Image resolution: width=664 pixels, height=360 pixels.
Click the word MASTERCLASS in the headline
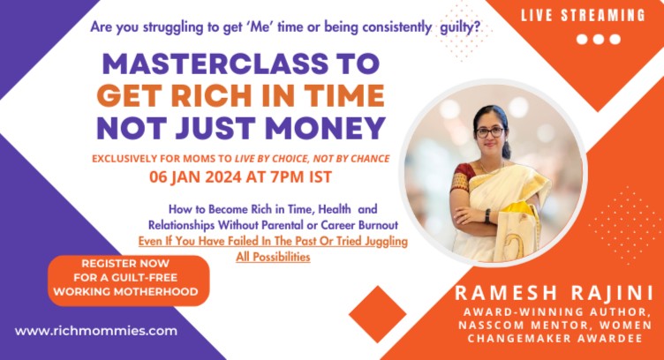point(215,64)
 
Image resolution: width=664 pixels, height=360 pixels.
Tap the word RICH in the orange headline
point(213,95)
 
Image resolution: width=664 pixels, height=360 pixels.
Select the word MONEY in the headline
point(325,128)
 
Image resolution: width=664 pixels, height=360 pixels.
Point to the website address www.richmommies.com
point(96,331)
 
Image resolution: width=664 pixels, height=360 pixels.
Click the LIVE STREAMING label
point(582,16)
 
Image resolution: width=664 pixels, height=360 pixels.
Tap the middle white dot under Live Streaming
point(599,40)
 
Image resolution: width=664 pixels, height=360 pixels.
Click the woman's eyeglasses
point(489,132)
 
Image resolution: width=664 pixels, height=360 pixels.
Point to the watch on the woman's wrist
point(487,215)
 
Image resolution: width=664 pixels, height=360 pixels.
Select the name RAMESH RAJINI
point(554,293)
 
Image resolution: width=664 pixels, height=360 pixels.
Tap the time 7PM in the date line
point(287,176)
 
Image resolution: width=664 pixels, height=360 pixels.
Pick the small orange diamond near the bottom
point(377,314)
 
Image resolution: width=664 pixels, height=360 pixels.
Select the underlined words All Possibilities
point(273,257)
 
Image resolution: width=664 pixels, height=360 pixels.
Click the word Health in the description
point(335,209)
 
